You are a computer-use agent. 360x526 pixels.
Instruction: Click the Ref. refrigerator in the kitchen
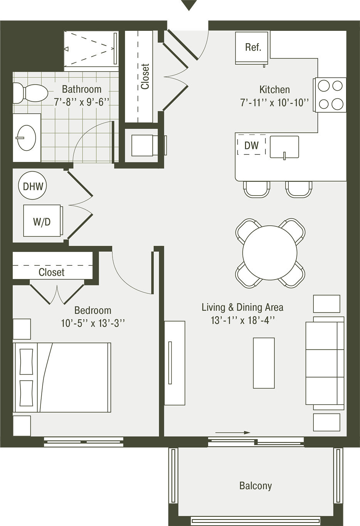click(x=252, y=48)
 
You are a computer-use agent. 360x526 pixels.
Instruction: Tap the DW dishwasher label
click(x=251, y=145)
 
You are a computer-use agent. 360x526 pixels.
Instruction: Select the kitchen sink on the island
click(x=284, y=147)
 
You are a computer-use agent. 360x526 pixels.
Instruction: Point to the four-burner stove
click(x=330, y=95)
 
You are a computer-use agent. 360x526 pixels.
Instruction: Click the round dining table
click(x=270, y=253)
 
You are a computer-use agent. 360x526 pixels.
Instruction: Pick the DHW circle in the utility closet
click(x=33, y=186)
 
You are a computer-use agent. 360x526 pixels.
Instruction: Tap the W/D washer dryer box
click(x=42, y=221)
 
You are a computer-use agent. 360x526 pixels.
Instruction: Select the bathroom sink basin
click(x=26, y=138)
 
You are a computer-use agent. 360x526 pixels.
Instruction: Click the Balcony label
click(x=256, y=486)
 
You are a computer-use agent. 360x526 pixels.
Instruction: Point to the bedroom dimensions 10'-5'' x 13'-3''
click(x=93, y=323)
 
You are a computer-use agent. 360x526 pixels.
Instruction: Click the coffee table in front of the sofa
click(x=264, y=362)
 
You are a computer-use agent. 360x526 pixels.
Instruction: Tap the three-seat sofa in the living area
click(x=325, y=362)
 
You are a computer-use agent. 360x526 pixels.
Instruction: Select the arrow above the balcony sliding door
click(x=233, y=433)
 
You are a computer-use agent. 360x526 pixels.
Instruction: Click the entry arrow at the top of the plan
click(x=188, y=5)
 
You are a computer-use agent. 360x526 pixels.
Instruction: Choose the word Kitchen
click(x=274, y=90)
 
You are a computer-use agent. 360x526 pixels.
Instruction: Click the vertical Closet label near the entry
click(x=145, y=76)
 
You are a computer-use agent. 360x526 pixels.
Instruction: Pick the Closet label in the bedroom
click(x=52, y=272)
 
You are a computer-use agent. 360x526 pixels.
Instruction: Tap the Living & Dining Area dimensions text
click(x=242, y=320)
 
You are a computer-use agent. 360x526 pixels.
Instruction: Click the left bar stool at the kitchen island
click(x=256, y=189)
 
